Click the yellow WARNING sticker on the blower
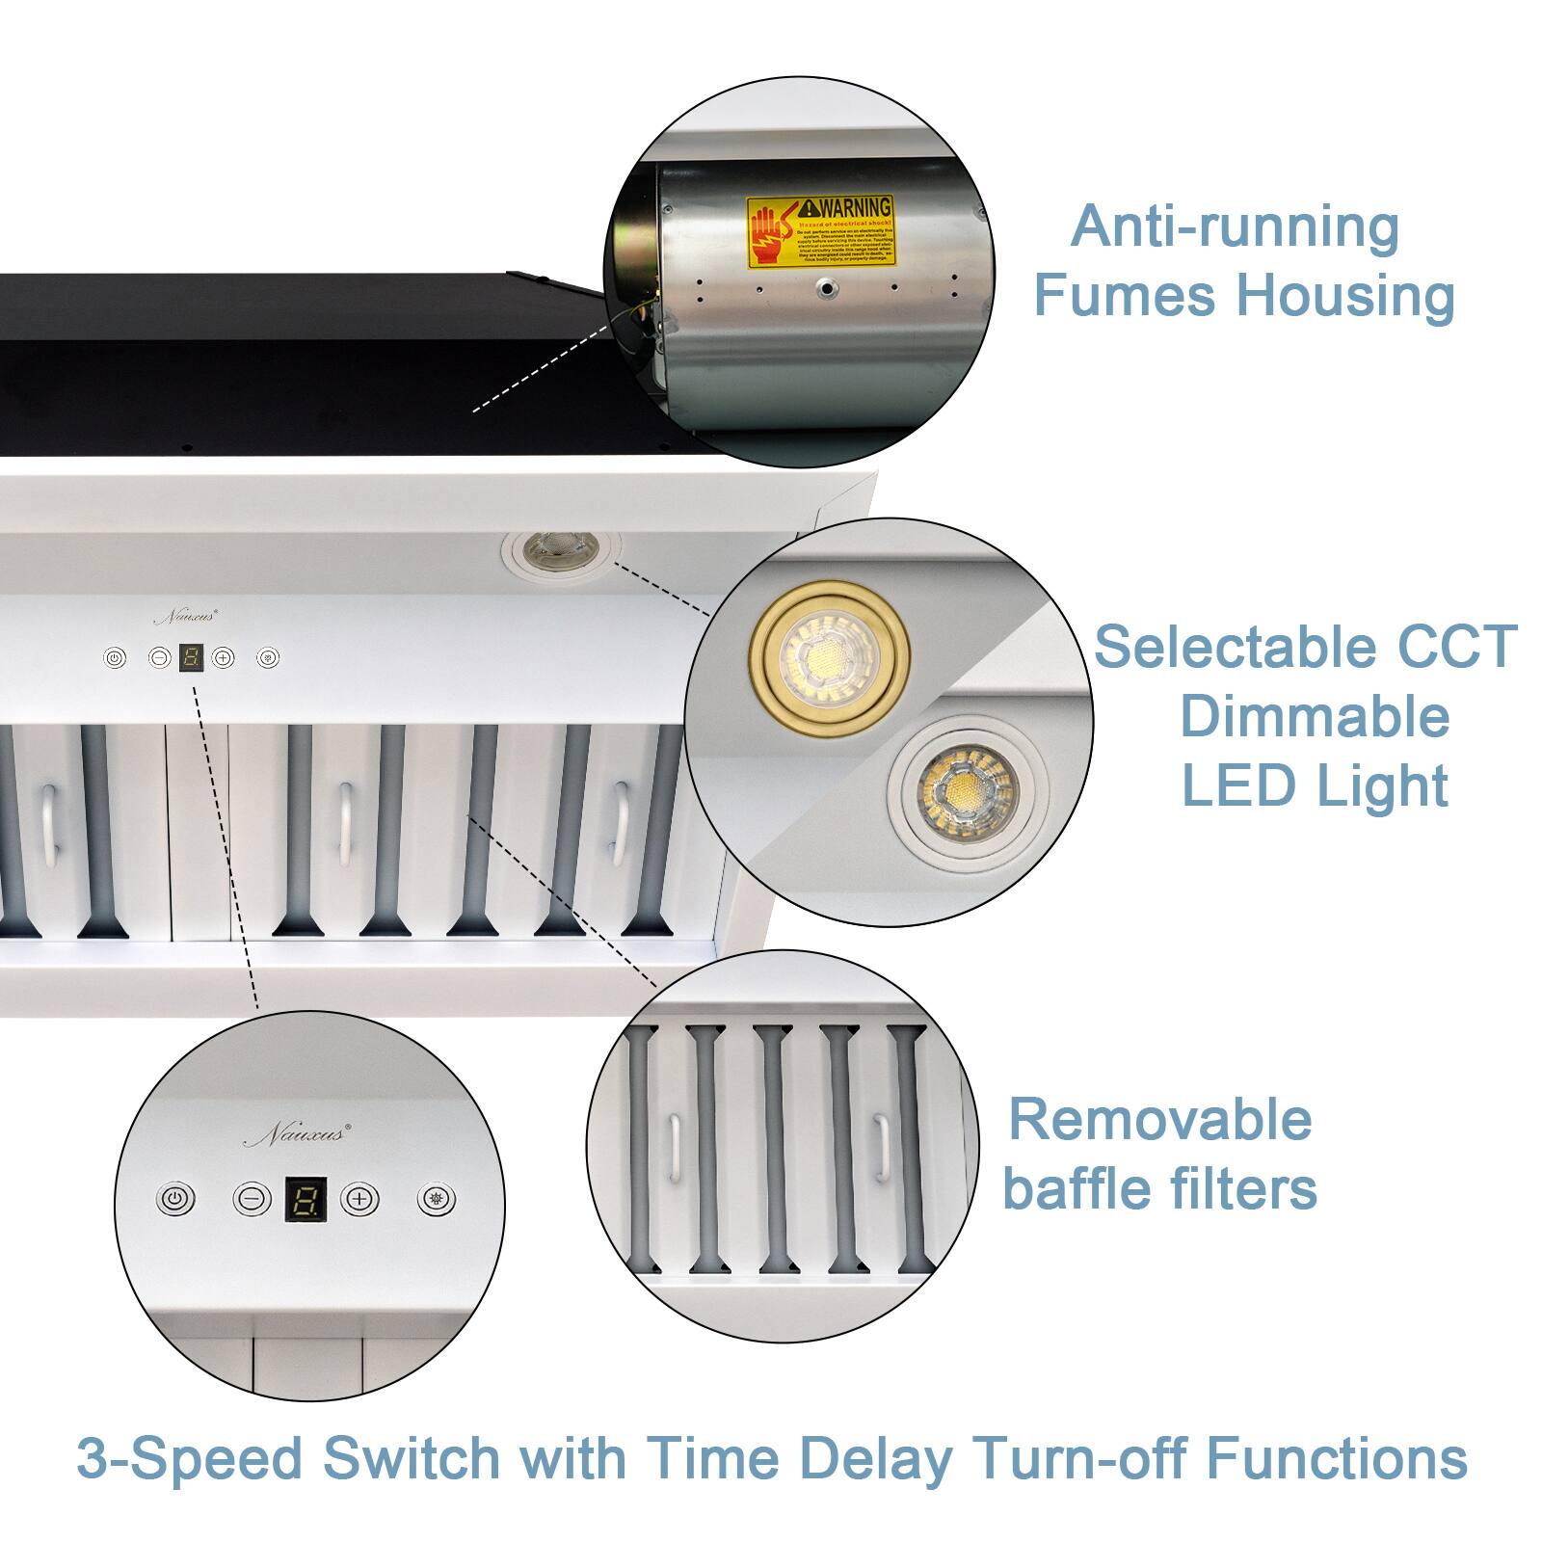coord(821,231)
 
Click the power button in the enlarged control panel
coord(174,1200)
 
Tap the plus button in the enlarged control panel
coord(359,1199)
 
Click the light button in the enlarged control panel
coord(437,1199)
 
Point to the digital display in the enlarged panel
coord(306,1200)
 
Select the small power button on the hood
coord(115,658)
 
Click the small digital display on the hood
coord(191,659)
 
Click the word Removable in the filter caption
coord(1159,1120)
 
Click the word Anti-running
coord(1235,226)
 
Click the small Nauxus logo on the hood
coord(186,616)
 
